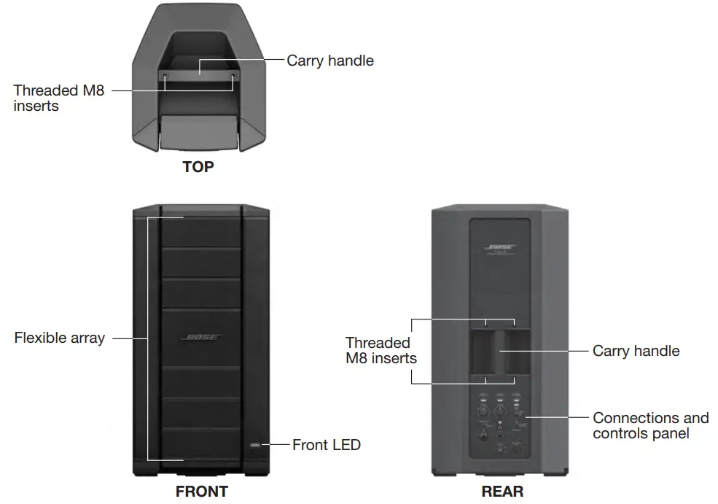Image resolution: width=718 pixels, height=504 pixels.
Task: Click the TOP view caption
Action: pos(198,167)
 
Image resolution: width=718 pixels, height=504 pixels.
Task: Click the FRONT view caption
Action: pos(201,491)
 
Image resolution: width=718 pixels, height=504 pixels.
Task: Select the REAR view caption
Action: pos(502,491)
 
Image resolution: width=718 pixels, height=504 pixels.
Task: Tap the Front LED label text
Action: pos(326,444)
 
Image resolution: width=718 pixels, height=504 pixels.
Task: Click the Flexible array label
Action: pos(60,338)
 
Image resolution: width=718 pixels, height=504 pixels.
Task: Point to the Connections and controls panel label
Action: pos(650,426)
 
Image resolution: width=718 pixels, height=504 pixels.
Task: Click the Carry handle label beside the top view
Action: pos(329,61)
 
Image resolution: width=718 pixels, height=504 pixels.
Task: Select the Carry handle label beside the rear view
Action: pos(636,351)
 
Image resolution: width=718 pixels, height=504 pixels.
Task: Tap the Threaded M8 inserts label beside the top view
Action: pos(58,98)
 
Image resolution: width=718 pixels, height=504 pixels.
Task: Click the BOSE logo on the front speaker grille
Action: pos(201,338)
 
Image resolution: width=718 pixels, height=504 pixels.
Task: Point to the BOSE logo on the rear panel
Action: pos(501,248)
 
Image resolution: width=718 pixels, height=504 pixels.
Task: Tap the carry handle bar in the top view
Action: pos(199,71)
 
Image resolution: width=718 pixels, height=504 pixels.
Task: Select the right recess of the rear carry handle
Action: pos(519,352)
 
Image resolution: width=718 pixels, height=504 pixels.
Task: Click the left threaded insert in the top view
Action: pos(165,75)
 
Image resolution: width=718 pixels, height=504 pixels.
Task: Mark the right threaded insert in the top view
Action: pos(233,75)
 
